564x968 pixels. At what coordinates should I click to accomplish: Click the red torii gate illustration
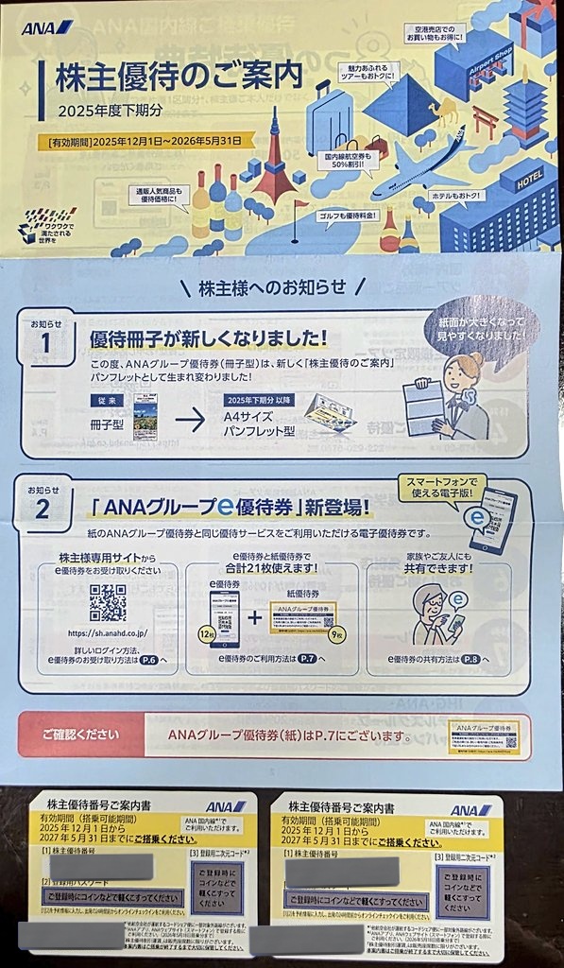click(x=485, y=119)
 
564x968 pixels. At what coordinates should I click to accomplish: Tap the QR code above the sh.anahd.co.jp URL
click(x=107, y=602)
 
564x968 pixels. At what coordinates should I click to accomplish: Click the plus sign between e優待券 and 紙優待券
click(x=253, y=617)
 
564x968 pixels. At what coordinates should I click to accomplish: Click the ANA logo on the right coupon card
click(x=470, y=809)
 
